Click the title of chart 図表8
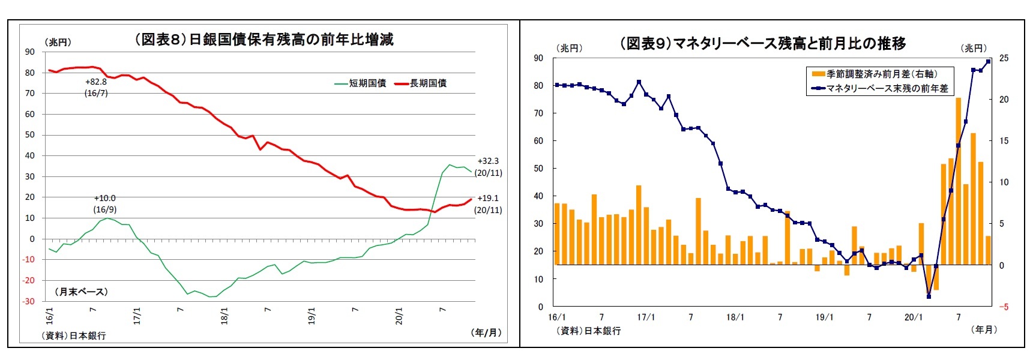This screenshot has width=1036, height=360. (264, 40)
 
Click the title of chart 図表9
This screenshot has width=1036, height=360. (762, 43)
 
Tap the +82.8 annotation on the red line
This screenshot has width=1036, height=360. (96, 82)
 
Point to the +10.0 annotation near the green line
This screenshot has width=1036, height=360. (104, 198)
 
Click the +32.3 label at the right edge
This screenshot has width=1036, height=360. (488, 161)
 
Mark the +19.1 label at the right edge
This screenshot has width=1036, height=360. (488, 198)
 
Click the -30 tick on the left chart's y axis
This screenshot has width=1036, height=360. (29, 301)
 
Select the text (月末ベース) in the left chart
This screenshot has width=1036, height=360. (82, 292)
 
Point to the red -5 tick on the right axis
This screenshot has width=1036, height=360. (1004, 307)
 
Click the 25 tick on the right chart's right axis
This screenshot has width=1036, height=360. (1004, 58)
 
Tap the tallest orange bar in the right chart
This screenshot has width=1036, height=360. (959, 180)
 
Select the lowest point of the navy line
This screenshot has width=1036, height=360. (929, 296)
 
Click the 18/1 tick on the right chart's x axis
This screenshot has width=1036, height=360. (735, 317)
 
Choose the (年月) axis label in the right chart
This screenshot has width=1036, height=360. (984, 329)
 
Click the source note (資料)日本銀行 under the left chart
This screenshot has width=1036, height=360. (74, 335)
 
